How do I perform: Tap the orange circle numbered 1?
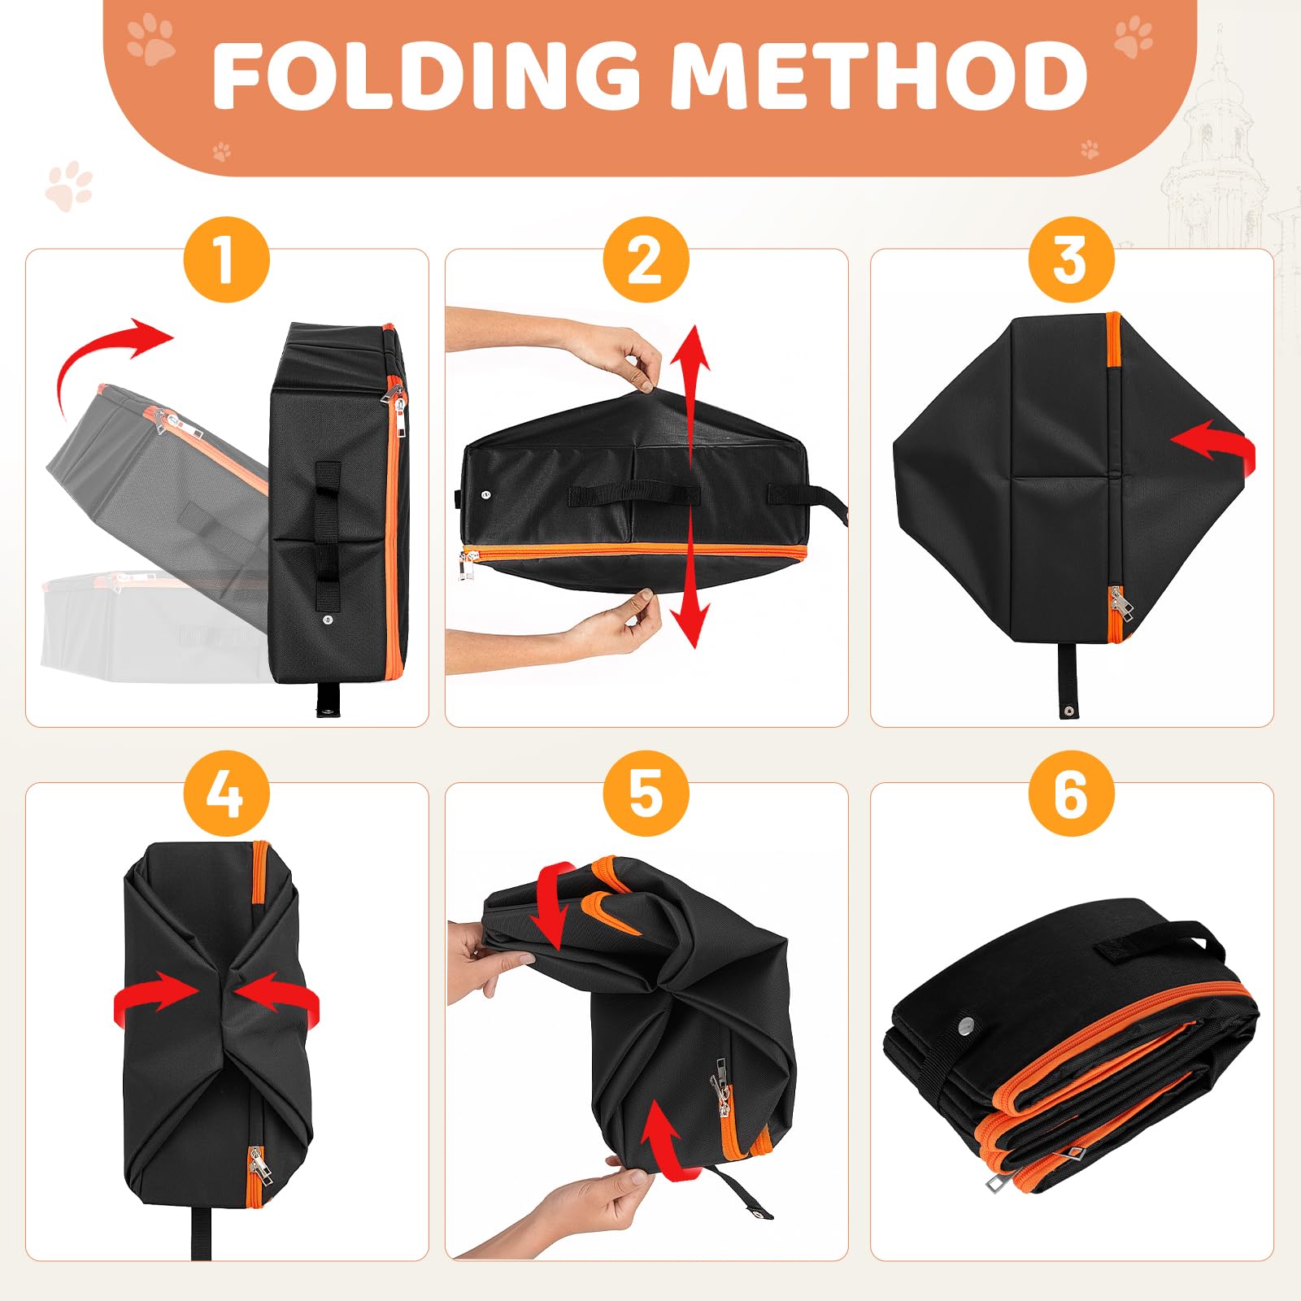click(226, 260)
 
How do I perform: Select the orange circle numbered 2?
click(646, 260)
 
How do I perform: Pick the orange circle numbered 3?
click(1071, 260)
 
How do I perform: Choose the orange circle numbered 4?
click(226, 794)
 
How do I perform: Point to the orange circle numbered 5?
click(646, 794)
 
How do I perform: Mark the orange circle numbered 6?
click(1071, 794)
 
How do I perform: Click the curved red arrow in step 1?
click(89, 350)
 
